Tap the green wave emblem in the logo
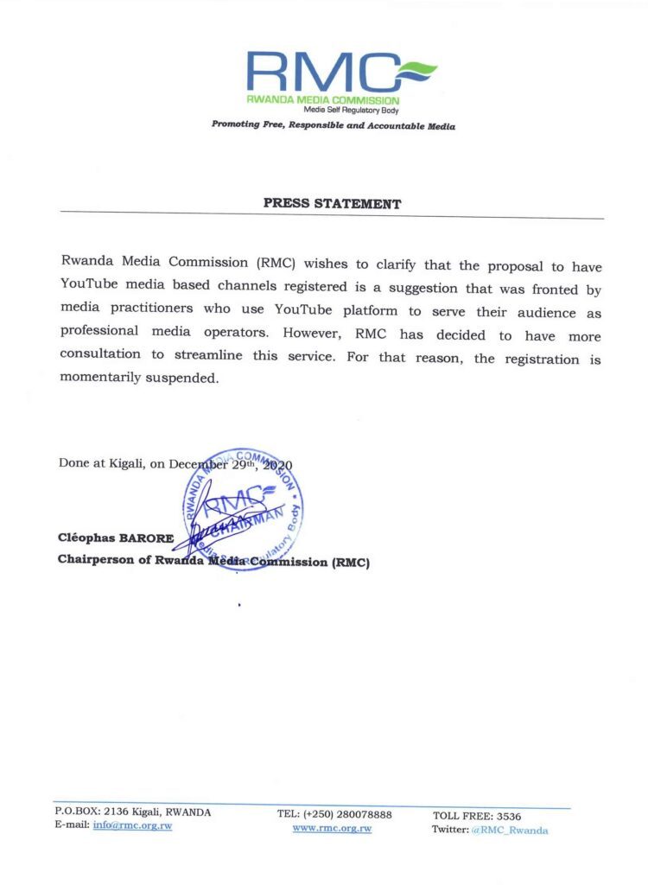[x=416, y=68]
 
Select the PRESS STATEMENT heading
[x=332, y=205]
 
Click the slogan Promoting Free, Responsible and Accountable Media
[x=334, y=126]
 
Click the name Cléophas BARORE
[x=116, y=538]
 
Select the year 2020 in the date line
[x=276, y=465]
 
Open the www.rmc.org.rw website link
[x=332, y=828]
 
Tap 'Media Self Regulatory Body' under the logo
[x=351, y=110]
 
